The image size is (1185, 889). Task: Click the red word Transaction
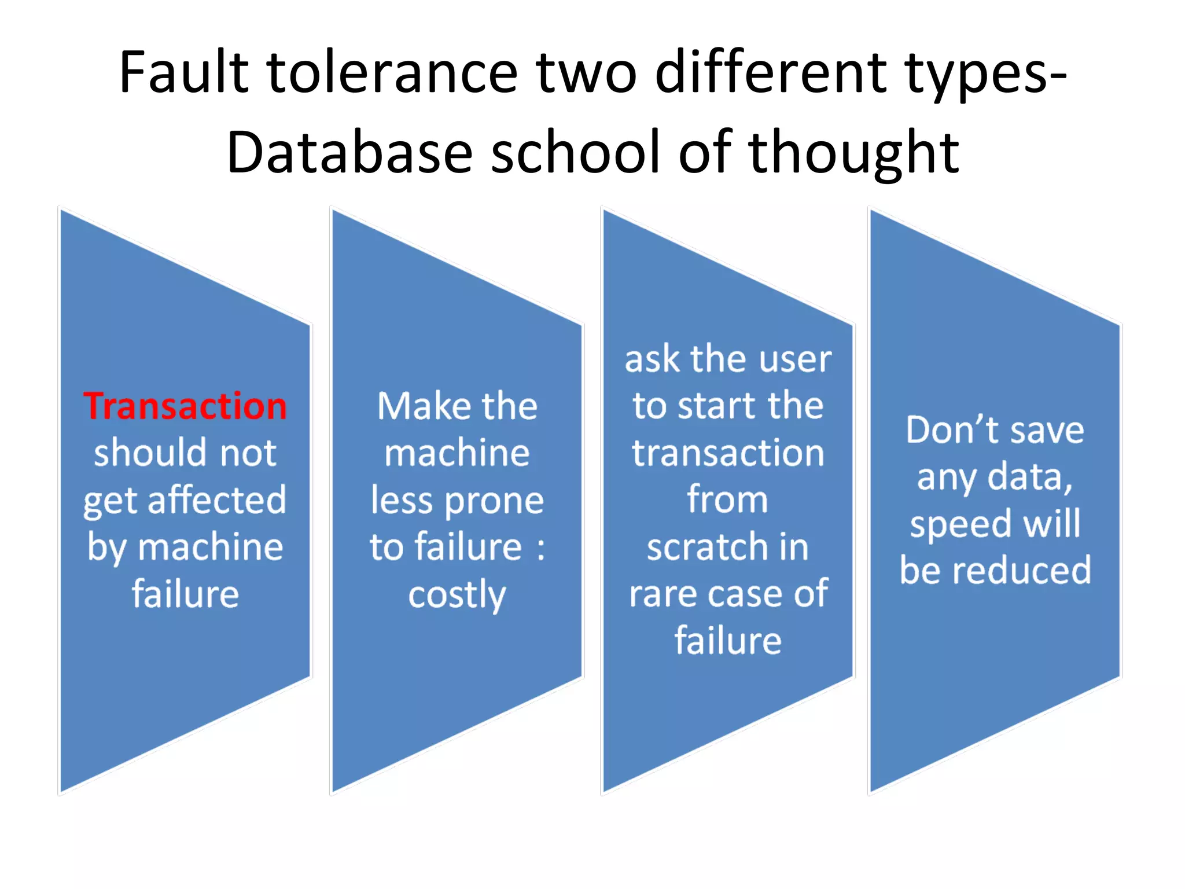[x=185, y=406]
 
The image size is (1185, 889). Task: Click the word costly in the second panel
[x=457, y=595]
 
